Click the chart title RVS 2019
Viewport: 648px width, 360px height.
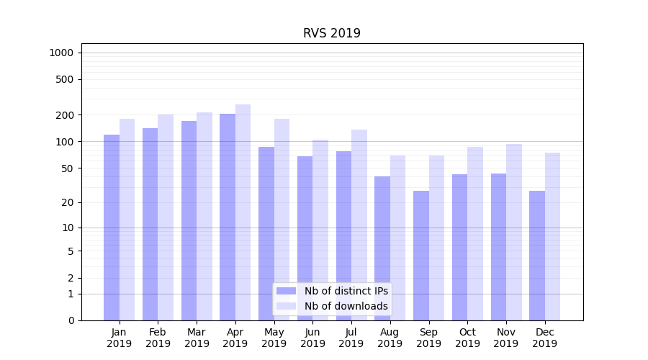tap(331, 33)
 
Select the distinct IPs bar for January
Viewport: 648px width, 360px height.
tap(112, 227)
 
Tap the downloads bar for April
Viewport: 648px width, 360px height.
tap(243, 212)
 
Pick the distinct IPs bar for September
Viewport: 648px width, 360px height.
tap(421, 256)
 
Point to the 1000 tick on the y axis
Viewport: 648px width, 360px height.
tap(61, 53)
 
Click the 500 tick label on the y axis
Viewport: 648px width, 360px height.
tap(66, 79)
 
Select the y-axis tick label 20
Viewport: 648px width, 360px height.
tap(68, 202)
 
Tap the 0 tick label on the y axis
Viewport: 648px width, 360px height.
tap(71, 320)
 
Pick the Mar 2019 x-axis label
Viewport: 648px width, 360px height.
tap(197, 338)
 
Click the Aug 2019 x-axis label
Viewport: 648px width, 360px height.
tap(390, 338)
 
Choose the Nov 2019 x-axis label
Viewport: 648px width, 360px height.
tap(505, 338)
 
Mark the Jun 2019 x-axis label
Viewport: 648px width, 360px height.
tap(312, 338)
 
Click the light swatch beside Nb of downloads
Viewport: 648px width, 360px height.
tap(286, 306)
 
